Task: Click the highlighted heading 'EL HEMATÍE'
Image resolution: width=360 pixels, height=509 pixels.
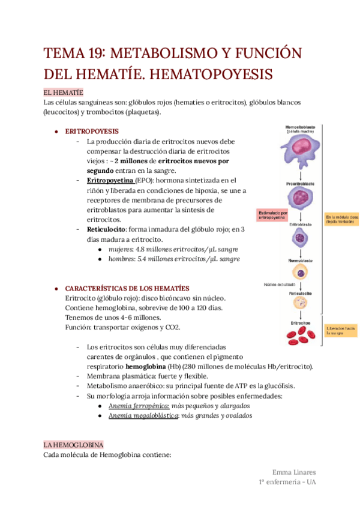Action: click(63, 92)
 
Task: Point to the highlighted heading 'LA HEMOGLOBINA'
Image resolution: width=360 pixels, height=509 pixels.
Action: click(73, 445)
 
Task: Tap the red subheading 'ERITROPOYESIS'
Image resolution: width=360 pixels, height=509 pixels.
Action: click(91, 131)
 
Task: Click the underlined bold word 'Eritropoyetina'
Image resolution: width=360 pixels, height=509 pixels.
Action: click(110, 179)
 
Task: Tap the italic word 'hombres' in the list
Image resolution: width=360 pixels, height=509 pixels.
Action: click(122, 259)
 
